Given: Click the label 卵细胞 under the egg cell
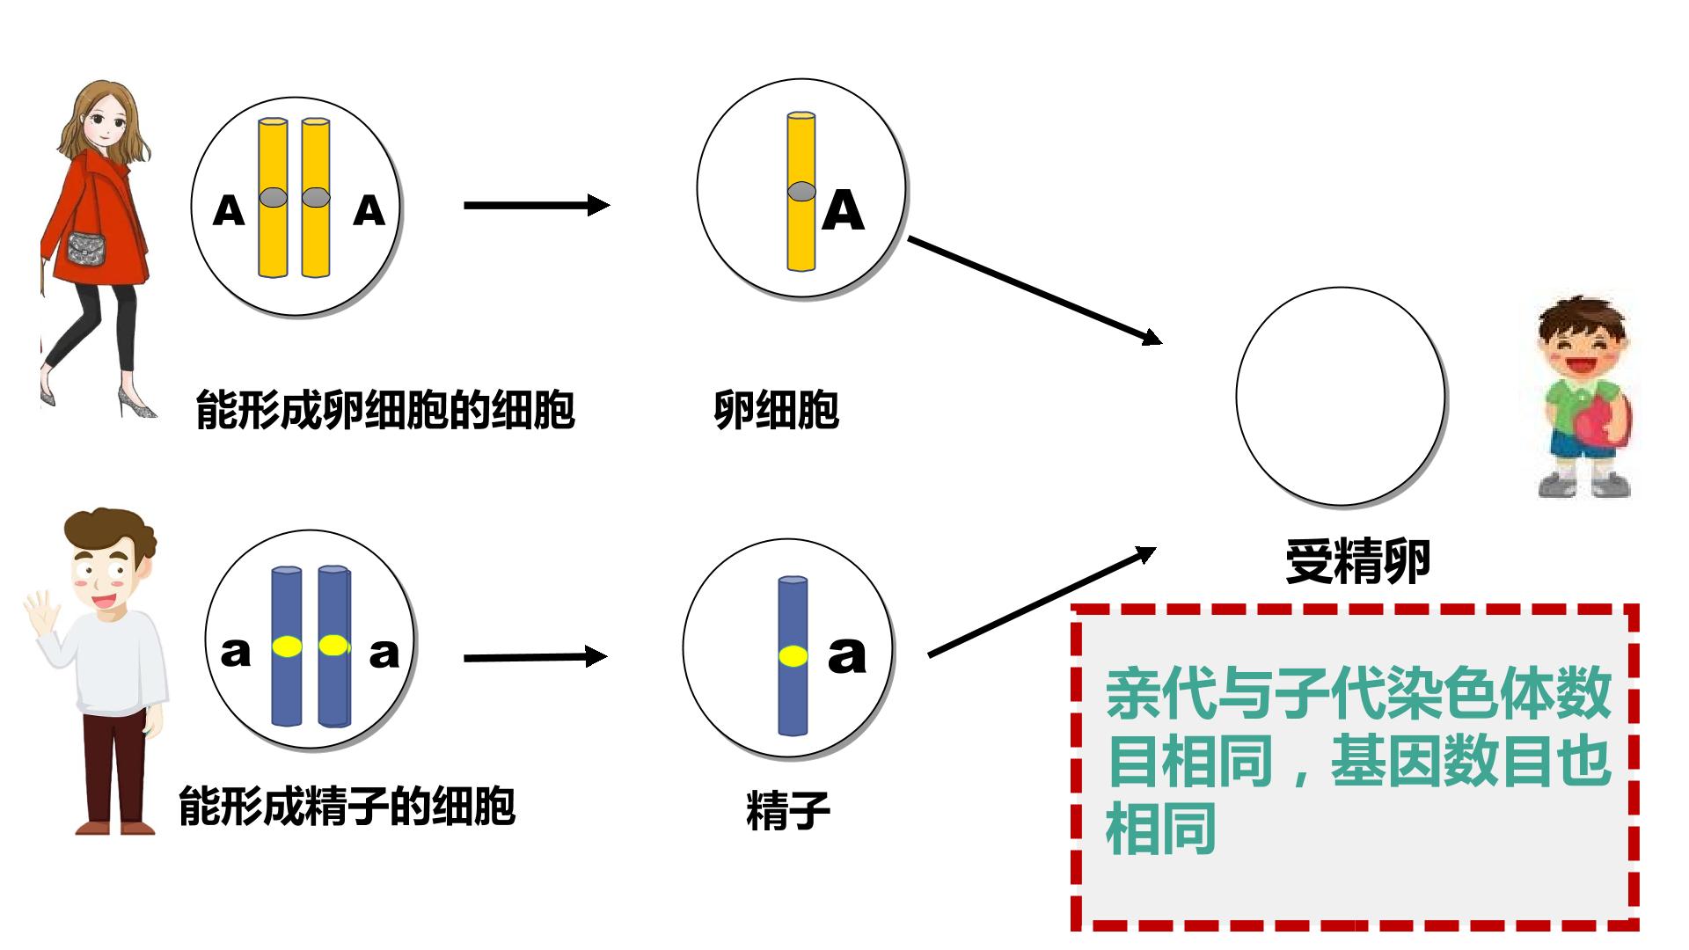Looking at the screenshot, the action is [x=776, y=410].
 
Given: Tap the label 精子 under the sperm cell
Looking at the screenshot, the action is [x=788, y=810].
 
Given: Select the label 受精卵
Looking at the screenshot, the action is [x=1357, y=561].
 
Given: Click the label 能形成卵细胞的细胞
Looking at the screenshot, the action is [x=385, y=410].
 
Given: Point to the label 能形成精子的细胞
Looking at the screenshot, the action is [x=347, y=806].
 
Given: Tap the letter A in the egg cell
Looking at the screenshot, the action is [x=843, y=210].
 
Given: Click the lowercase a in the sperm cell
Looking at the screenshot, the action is [x=847, y=655].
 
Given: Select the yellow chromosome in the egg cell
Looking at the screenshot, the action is [x=801, y=191].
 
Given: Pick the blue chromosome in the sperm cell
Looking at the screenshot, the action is [x=793, y=655].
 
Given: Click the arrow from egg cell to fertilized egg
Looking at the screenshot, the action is [x=1035, y=289].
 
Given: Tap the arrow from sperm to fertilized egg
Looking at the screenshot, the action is [x=1042, y=602].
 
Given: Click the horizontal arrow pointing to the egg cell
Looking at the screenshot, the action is [x=537, y=206].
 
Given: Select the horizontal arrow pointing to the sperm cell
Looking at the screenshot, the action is [x=535, y=657].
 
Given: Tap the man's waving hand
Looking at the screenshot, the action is [x=39, y=612].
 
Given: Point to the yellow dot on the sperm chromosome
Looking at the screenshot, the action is [x=793, y=655].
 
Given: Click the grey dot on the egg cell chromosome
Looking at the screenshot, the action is [x=801, y=191].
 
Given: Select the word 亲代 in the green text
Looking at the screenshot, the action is [x=1160, y=695].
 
